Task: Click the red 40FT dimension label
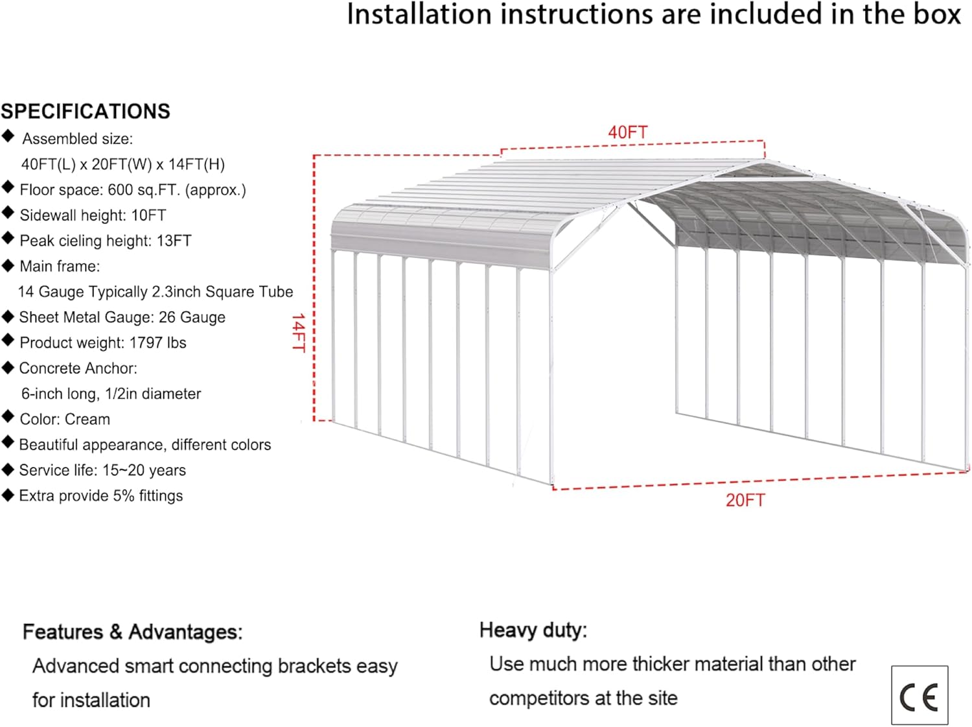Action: coord(627,132)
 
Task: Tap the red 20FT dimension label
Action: coord(745,500)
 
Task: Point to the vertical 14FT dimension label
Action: coord(298,333)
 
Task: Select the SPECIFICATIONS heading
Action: coord(86,112)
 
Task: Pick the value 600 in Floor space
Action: coord(121,190)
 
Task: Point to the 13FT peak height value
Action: coord(174,241)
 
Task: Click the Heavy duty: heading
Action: coord(533,630)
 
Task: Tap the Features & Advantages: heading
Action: coord(133,632)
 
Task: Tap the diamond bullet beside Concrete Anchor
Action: coord(8,368)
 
